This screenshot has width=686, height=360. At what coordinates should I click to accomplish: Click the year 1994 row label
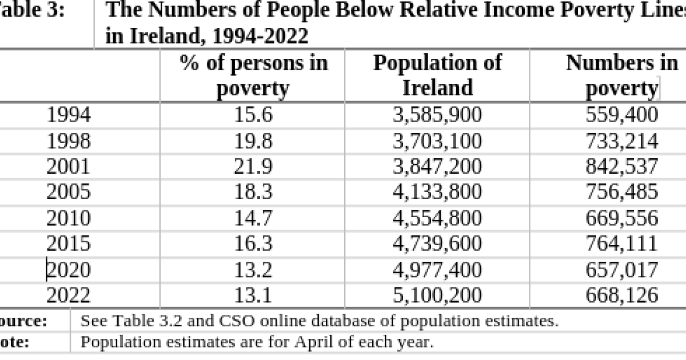click(68, 115)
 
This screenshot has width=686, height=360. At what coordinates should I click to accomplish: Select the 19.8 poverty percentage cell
click(254, 141)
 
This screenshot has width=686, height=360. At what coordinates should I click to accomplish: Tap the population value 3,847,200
click(437, 166)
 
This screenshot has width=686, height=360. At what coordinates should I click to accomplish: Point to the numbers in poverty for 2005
click(622, 192)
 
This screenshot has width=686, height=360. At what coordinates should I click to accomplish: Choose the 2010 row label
click(68, 218)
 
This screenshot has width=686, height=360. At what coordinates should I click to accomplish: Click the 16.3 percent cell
click(254, 243)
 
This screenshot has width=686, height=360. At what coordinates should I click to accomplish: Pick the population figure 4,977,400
click(437, 269)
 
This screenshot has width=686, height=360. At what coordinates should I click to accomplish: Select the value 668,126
click(622, 295)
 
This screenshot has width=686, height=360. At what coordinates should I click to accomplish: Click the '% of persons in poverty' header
click(254, 75)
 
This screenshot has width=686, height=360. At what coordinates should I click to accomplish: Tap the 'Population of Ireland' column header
click(437, 75)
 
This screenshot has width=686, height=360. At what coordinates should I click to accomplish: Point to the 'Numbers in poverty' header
click(622, 75)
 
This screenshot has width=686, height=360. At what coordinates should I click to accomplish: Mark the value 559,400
click(622, 115)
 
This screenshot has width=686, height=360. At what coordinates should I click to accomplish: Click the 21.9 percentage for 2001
click(254, 166)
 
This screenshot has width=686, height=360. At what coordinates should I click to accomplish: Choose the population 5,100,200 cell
click(437, 295)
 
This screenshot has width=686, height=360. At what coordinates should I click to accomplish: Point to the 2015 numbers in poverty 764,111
click(622, 243)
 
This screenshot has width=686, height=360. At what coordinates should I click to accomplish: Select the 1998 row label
click(68, 141)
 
